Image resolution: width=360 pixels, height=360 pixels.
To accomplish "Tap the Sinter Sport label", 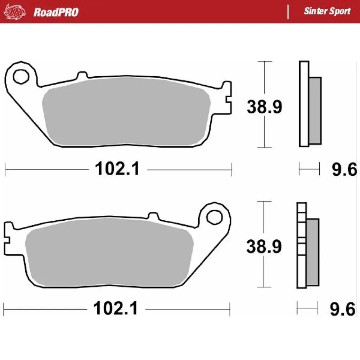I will point(327,11).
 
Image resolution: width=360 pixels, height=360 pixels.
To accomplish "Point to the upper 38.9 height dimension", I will point(264,107).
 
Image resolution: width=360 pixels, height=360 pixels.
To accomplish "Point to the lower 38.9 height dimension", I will point(264,247).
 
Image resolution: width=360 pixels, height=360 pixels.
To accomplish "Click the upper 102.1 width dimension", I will point(117,169).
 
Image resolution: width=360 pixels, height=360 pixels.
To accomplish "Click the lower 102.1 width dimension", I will point(116,309).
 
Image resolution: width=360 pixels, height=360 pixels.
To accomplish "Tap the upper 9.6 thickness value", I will point(344,169).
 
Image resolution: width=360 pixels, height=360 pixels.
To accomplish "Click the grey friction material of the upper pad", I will point(126,112).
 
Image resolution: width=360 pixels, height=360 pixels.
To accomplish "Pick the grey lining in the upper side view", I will point(315,110).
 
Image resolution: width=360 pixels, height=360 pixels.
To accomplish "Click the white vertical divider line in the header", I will point(288,12).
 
